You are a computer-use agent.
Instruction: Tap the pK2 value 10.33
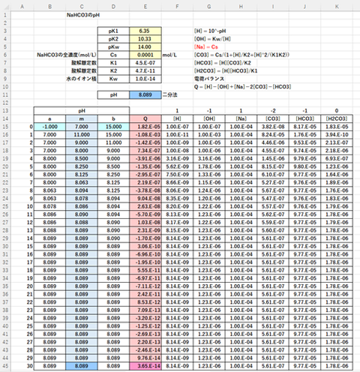(145, 39)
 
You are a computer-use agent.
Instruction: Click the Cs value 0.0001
(145, 55)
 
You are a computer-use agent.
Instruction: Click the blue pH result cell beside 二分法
(145, 94)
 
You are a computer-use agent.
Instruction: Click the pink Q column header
(145, 118)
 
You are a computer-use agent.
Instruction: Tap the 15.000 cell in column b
(113, 127)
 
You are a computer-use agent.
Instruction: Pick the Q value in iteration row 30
(145, 365)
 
